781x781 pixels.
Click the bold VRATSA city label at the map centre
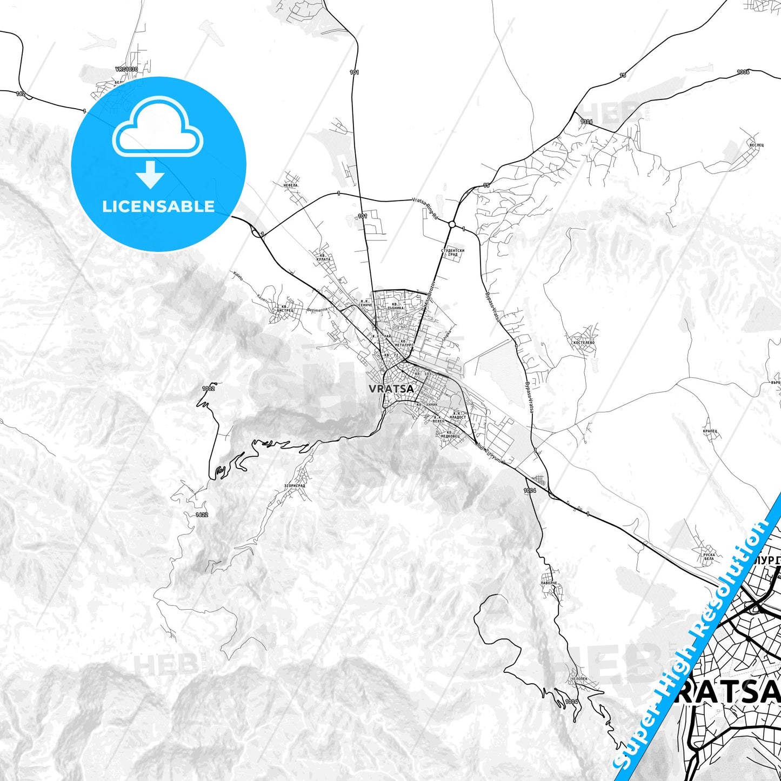point(391,388)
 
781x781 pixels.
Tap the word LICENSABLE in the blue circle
point(158,206)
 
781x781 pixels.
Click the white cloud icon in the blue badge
point(157,131)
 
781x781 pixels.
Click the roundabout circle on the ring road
point(452,224)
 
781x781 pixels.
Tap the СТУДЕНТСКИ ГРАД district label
point(452,252)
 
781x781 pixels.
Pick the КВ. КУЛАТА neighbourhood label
point(323,257)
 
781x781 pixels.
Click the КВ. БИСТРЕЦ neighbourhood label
point(285,309)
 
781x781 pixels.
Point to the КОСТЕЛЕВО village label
point(584,343)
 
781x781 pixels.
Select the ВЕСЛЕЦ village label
point(756,145)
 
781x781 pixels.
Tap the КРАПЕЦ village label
point(710,431)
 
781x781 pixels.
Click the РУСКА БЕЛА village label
point(709,557)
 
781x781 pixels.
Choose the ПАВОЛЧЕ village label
point(548,583)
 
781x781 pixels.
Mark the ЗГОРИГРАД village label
point(295,485)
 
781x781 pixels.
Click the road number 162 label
point(21,94)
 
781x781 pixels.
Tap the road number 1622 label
point(202,515)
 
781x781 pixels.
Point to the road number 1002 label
point(208,389)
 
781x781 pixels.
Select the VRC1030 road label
point(126,70)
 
